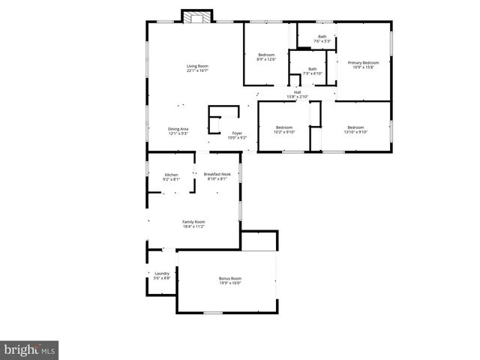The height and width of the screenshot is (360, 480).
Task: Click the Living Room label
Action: point(197,67)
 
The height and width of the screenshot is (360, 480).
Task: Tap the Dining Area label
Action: point(178,128)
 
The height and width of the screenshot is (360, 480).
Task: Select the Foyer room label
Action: point(237,133)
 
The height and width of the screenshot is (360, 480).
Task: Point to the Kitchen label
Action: point(171,175)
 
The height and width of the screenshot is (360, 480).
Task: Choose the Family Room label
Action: point(193,221)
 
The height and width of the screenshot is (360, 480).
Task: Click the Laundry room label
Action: point(162,273)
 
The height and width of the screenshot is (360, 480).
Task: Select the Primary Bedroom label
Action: point(363,62)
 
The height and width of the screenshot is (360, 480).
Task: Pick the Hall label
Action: point(298,92)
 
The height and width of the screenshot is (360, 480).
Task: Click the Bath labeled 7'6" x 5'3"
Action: point(322,37)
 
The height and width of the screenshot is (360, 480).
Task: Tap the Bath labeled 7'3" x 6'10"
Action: point(312,69)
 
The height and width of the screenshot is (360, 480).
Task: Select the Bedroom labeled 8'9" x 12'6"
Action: point(266,55)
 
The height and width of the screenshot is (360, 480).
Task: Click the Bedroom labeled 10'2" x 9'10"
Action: point(284,127)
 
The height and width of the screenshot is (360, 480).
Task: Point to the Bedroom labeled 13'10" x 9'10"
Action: point(355,127)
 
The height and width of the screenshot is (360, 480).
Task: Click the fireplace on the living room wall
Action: point(198,16)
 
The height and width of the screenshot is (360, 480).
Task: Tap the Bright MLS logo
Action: point(29,349)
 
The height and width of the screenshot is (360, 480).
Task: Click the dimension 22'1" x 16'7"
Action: point(197,71)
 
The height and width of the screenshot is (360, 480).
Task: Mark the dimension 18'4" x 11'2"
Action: point(193,226)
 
